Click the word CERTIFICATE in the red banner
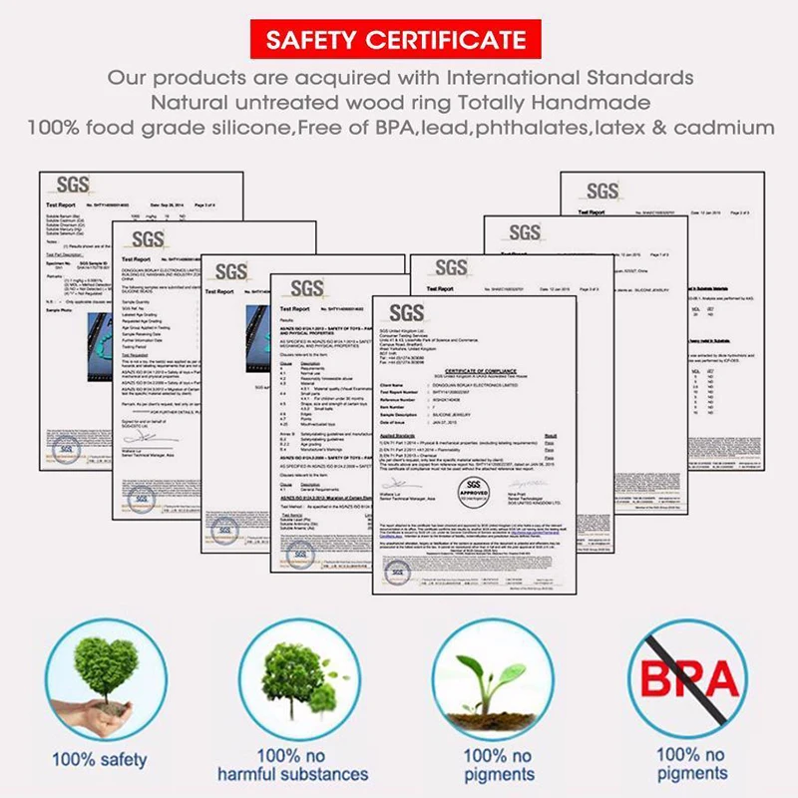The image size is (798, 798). tap(456, 41)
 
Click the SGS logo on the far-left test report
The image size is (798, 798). tap(72, 184)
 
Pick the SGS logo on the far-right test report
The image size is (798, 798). tap(601, 190)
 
